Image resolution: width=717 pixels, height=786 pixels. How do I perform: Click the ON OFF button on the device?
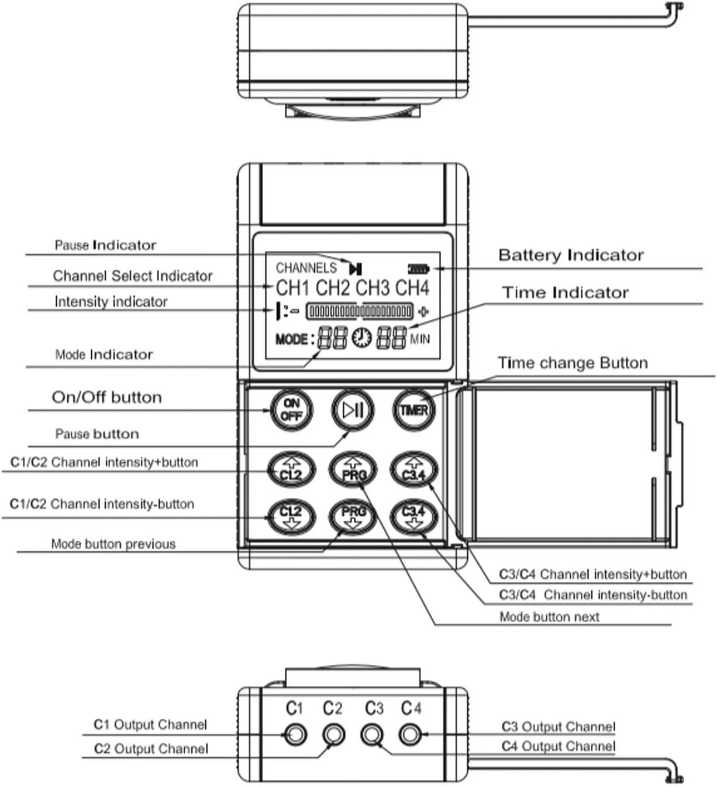click(x=291, y=409)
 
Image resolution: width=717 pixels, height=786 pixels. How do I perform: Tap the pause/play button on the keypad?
click(x=353, y=410)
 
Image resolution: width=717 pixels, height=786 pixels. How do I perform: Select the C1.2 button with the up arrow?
click(x=291, y=470)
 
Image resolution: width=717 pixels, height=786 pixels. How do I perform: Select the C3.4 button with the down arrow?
click(x=413, y=516)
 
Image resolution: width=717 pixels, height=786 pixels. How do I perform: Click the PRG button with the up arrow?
click(x=353, y=470)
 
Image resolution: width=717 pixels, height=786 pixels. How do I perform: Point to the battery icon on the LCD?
click(x=419, y=269)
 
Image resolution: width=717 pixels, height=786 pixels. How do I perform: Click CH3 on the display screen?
click(x=372, y=288)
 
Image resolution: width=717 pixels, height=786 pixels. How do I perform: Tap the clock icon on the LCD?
click(x=361, y=338)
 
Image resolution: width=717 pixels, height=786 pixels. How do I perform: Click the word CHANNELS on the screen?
click(x=306, y=268)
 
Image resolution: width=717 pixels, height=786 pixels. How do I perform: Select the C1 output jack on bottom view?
click(x=295, y=733)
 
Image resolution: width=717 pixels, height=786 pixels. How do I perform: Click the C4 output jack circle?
click(x=410, y=733)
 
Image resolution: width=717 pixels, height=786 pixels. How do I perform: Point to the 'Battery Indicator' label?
click(x=571, y=255)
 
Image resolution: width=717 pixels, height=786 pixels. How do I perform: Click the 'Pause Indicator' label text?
click(x=105, y=245)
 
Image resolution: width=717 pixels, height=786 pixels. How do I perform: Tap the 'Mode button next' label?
click(x=549, y=617)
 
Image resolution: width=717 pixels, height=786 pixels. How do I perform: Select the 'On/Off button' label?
click(x=106, y=397)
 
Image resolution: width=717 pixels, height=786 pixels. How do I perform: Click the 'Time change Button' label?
click(x=573, y=363)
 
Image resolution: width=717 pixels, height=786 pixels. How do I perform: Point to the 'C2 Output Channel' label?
click(x=151, y=749)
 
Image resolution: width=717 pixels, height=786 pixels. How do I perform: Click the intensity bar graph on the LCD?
click(x=360, y=311)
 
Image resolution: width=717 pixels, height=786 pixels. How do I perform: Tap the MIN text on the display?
click(x=420, y=339)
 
